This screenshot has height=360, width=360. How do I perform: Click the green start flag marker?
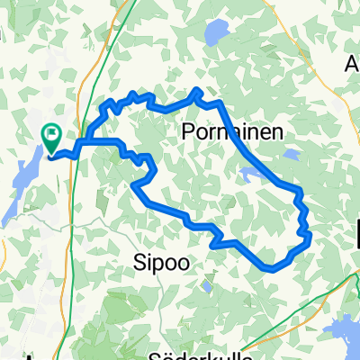51,138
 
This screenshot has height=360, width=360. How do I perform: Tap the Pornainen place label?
232,131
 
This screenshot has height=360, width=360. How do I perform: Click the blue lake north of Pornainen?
216,34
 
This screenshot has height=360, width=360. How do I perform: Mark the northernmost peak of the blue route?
197,91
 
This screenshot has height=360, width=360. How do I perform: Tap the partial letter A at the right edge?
353,65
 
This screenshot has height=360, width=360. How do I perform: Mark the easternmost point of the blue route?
310,236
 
